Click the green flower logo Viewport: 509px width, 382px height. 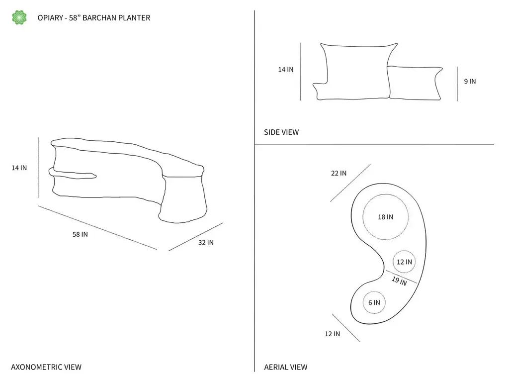[x=19, y=17]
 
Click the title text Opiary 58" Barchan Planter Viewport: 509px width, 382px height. [x=94, y=18]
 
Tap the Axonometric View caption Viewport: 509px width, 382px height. [x=46, y=367]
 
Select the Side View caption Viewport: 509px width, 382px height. [x=281, y=132]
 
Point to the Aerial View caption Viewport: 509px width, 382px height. [x=286, y=367]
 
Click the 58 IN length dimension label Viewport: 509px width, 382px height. [x=80, y=234]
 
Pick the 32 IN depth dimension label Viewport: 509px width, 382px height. [x=206, y=242]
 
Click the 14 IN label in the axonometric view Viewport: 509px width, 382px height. [x=19, y=168]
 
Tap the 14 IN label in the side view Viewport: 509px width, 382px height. [x=286, y=69]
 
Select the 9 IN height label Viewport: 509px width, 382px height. [x=470, y=81]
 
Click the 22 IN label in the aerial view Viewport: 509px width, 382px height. [x=339, y=173]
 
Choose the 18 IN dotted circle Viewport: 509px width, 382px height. [x=386, y=217]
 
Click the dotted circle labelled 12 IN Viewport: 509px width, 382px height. [x=404, y=262]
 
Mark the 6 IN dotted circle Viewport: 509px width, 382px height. [x=374, y=302]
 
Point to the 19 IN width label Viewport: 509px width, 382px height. [x=399, y=281]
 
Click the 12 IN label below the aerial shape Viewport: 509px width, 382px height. [x=333, y=334]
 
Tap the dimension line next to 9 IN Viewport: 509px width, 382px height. [x=457, y=84]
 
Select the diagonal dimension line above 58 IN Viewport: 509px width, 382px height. [x=97, y=227]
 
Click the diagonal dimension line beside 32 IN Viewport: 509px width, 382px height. [x=196, y=237]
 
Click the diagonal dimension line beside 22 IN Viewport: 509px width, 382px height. [x=350, y=183]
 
